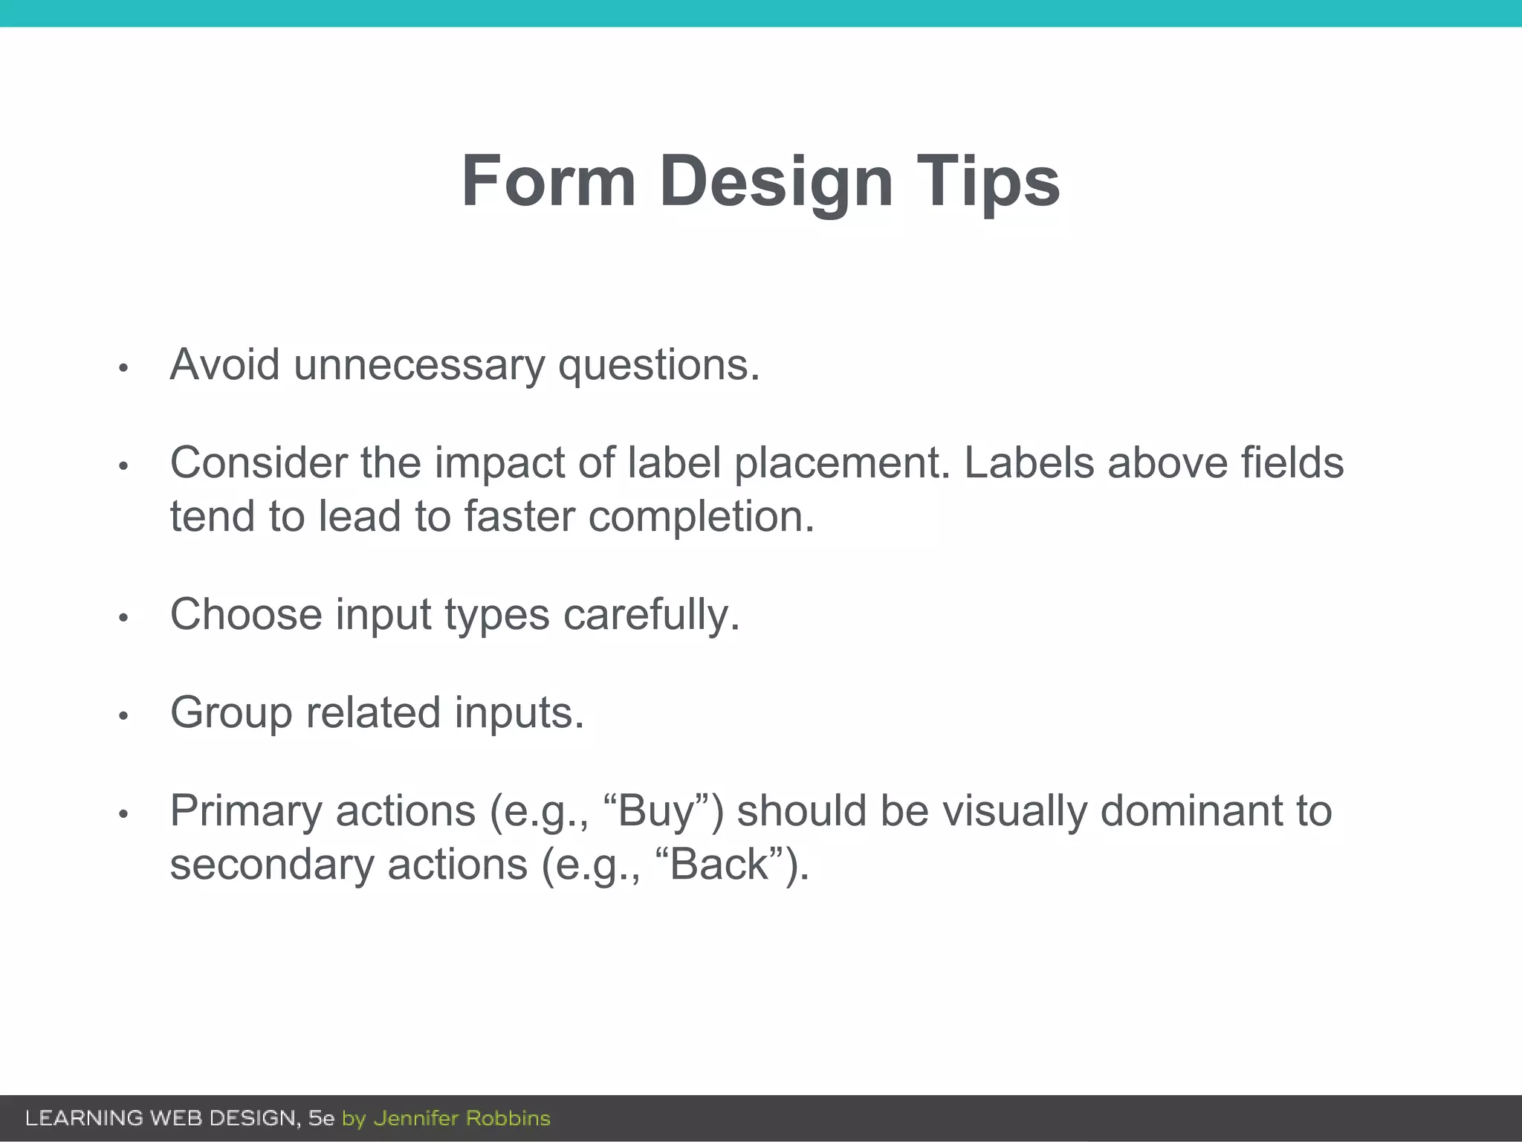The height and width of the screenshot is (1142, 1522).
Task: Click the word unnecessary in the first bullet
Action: click(418, 365)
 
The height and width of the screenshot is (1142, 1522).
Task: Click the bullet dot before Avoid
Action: click(124, 368)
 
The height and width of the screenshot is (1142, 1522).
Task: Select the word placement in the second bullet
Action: click(842, 462)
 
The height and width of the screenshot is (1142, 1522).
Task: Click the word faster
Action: click(519, 516)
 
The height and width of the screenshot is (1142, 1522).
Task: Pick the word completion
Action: click(702, 516)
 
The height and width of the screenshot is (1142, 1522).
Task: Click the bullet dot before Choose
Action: click(124, 617)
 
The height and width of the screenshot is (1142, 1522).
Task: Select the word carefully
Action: click(651, 615)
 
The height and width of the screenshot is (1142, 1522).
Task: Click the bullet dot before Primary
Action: click(124, 814)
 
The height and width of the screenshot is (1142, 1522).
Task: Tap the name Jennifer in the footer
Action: click(415, 1118)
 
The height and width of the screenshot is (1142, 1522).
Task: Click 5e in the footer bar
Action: click(321, 1118)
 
